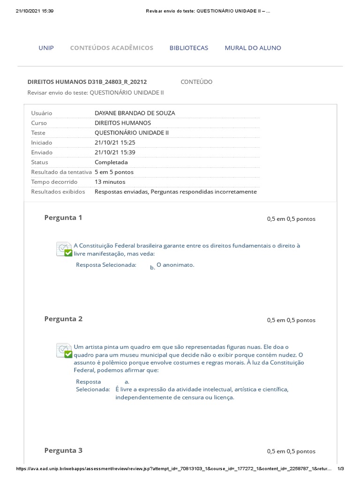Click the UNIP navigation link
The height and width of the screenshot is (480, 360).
point(46,48)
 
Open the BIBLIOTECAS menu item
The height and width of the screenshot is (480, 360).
point(188,48)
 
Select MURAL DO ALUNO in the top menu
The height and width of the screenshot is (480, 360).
point(253,48)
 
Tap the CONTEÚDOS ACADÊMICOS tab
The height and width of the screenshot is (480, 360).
point(112,48)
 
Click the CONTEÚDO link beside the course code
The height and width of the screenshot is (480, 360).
point(196,82)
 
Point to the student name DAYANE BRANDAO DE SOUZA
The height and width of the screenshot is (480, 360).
point(135,113)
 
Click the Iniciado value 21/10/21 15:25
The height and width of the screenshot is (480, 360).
point(115,142)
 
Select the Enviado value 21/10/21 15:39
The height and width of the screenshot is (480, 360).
point(115,152)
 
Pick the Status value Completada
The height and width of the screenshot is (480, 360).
point(111,162)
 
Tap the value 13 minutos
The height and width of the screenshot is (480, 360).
point(110,182)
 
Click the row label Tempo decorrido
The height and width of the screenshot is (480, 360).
point(54,182)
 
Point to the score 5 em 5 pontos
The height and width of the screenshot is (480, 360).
point(114,172)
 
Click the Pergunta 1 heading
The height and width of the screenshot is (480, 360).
point(63,217)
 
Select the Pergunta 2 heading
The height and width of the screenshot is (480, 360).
point(63,319)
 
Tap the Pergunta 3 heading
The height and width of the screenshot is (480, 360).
point(63,450)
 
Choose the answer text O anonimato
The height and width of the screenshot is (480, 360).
point(175,265)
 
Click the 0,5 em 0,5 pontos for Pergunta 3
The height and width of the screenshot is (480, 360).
point(291,451)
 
